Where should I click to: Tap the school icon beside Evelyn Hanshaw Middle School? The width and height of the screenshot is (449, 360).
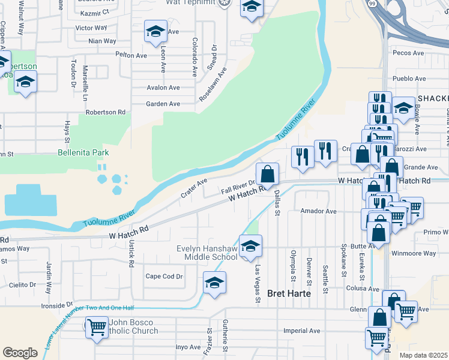(250, 245)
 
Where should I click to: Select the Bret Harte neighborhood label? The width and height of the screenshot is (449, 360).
(288, 293)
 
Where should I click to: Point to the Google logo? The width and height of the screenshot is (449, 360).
(20, 352)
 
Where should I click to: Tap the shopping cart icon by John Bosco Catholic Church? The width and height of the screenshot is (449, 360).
(96, 328)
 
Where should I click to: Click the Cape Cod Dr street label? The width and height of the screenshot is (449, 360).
(164, 277)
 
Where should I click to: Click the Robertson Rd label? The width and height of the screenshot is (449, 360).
(105, 112)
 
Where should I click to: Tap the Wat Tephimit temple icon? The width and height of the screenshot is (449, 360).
(224, 2)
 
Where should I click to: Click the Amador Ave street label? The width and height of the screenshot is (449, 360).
(318, 211)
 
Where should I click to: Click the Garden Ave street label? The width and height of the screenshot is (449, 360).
(163, 104)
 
